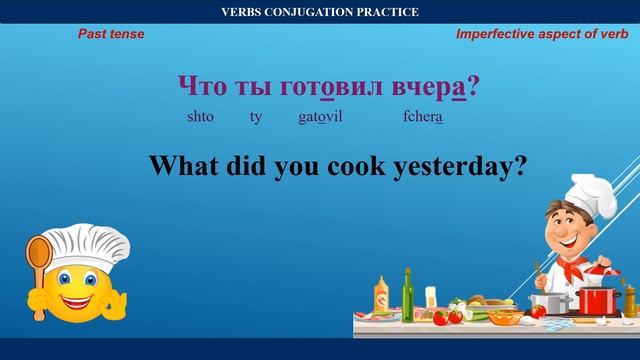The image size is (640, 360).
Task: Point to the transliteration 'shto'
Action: (x=200, y=117)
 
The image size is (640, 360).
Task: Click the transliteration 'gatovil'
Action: (x=320, y=117)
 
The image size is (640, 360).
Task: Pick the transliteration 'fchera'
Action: (x=422, y=117)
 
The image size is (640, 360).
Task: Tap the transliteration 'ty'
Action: (x=256, y=117)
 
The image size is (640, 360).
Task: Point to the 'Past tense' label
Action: (x=111, y=34)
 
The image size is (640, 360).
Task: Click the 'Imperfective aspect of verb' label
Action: (x=541, y=34)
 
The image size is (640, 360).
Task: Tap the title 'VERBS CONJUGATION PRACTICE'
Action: (x=320, y=12)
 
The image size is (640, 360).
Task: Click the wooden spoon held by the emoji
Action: (x=39, y=259)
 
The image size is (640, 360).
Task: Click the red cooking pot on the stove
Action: (x=598, y=299)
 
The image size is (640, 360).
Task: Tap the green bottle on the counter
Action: (x=408, y=291)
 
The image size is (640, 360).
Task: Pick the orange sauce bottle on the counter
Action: (x=381, y=296)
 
